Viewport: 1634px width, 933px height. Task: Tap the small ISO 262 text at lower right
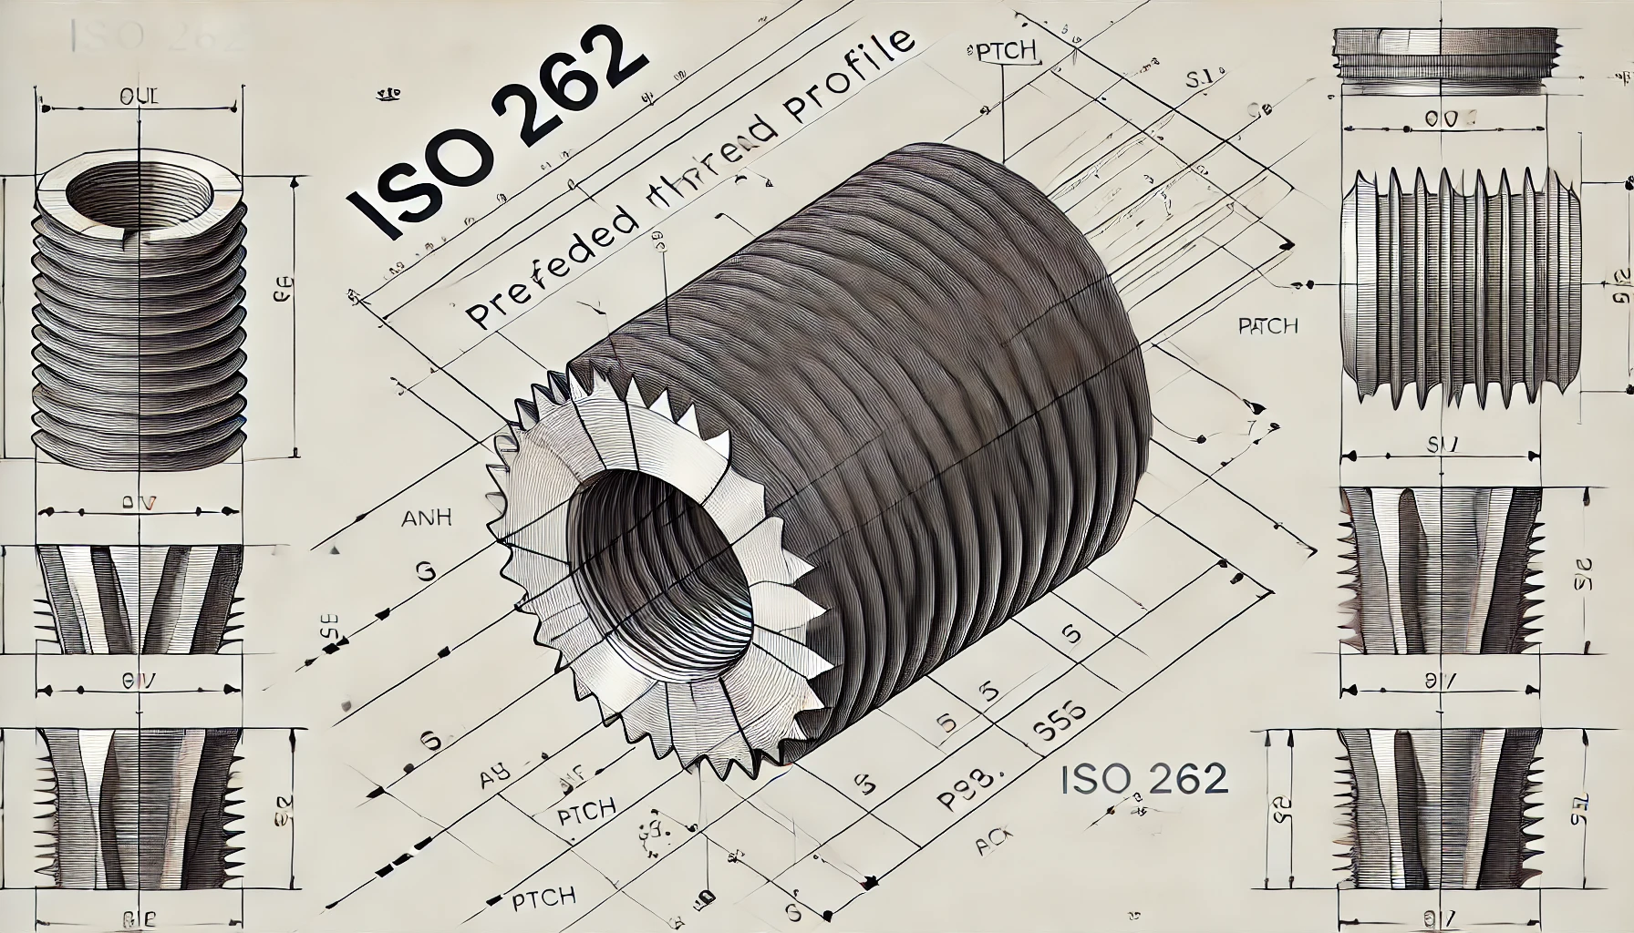point(1144,779)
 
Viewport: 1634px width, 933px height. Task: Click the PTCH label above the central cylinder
point(1006,52)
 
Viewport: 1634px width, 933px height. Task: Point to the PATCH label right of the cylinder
point(1268,325)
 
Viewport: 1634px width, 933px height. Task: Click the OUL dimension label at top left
point(139,97)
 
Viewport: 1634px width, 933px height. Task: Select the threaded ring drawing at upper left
point(139,310)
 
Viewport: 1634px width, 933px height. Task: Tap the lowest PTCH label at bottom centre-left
point(542,897)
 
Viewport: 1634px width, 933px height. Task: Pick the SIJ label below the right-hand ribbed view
point(1443,446)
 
